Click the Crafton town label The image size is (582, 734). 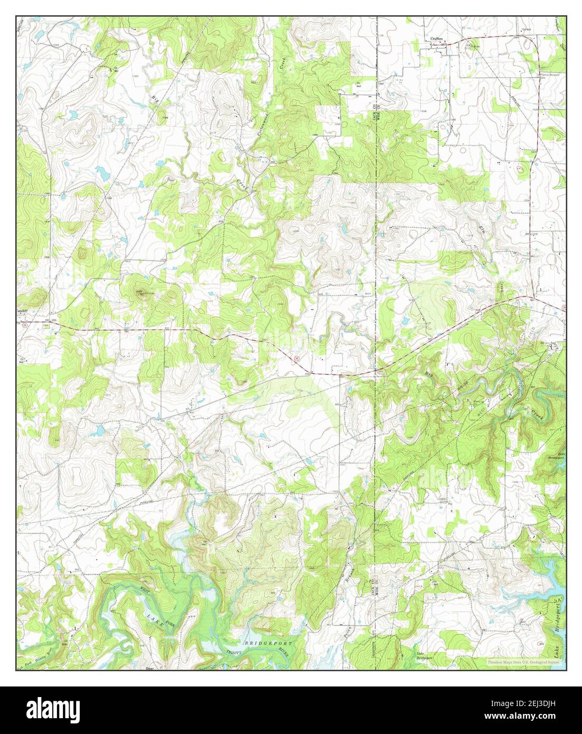436,39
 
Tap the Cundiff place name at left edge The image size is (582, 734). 22,311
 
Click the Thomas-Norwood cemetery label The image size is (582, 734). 549,76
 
